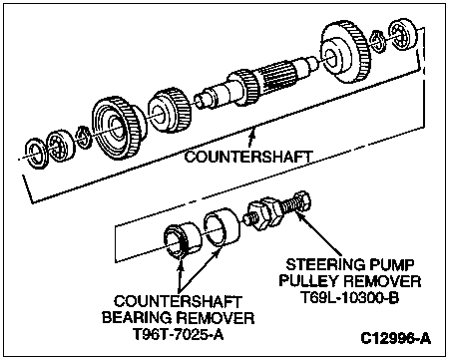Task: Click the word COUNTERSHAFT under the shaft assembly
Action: coord(248,157)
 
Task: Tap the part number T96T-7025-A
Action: coord(178,334)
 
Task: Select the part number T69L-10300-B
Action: coord(349,297)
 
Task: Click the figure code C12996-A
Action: coord(395,338)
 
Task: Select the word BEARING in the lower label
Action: coord(137,317)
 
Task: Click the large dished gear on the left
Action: coord(118,128)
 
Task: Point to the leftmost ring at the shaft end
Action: coord(35,152)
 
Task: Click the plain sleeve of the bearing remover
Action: coord(222,228)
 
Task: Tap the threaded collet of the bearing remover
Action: coord(183,240)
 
